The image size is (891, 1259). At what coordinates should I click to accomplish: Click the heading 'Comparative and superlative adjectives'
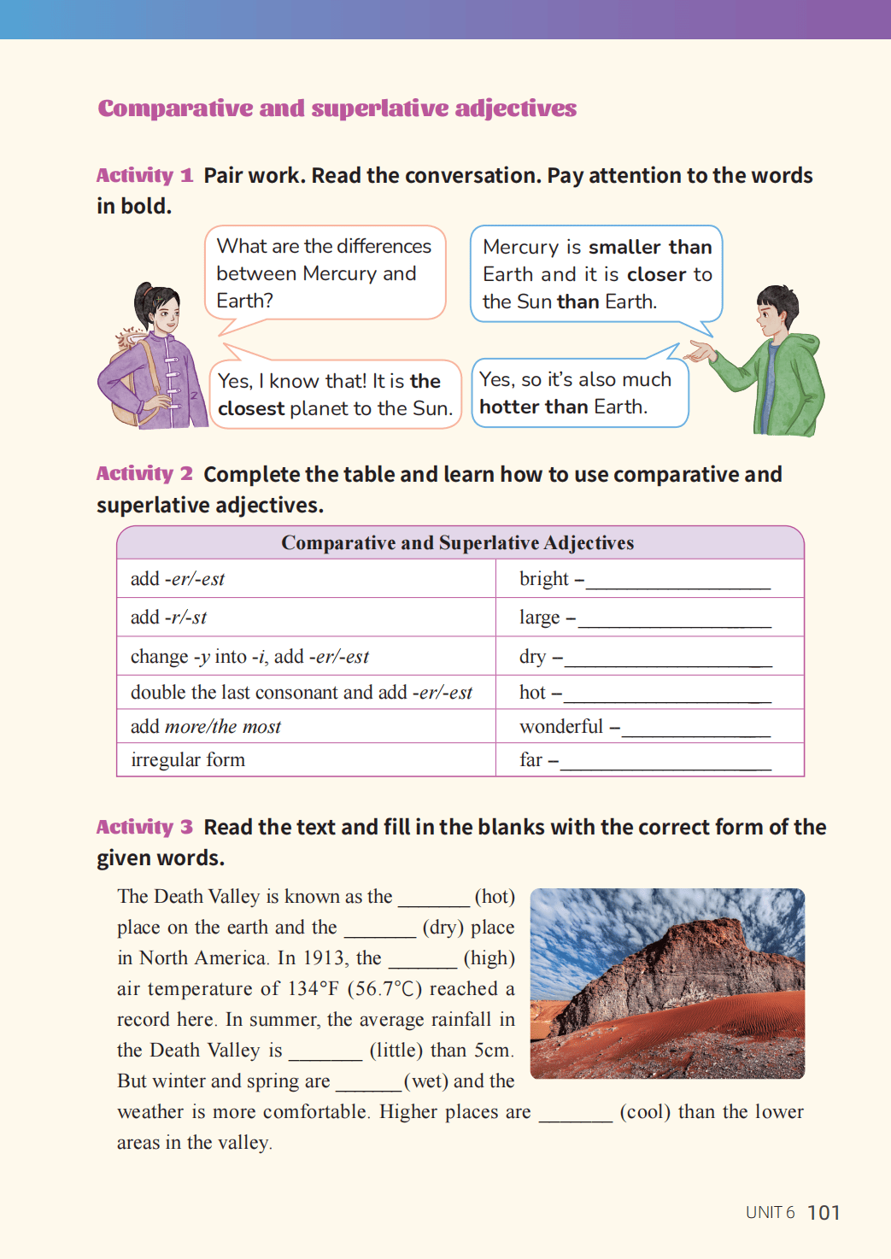[x=337, y=108]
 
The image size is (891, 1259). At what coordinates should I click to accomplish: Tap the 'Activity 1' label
[x=144, y=175]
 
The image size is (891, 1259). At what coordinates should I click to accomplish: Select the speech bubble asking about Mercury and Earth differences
[x=325, y=272]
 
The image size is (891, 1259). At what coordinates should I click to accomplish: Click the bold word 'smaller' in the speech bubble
[x=624, y=248]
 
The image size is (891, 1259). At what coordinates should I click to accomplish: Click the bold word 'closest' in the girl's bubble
[x=250, y=409]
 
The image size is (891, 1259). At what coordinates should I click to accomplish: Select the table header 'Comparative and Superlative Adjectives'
[x=458, y=543]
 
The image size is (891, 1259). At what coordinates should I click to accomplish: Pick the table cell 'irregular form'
[x=188, y=760]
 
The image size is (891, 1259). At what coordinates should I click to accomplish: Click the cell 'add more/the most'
[x=206, y=727]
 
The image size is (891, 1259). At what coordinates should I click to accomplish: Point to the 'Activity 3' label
[x=144, y=827]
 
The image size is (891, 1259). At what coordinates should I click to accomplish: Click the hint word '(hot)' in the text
[x=495, y=897]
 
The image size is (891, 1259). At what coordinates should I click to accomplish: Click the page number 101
[x=824, y=1213]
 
